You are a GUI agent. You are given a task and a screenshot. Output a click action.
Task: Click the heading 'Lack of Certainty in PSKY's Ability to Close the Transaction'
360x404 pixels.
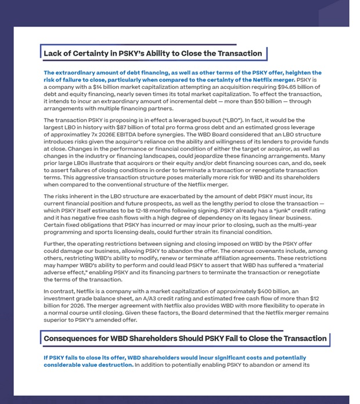point(153,53)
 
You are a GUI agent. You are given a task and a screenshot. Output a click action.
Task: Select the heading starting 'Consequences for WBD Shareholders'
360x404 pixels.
point(185,338)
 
